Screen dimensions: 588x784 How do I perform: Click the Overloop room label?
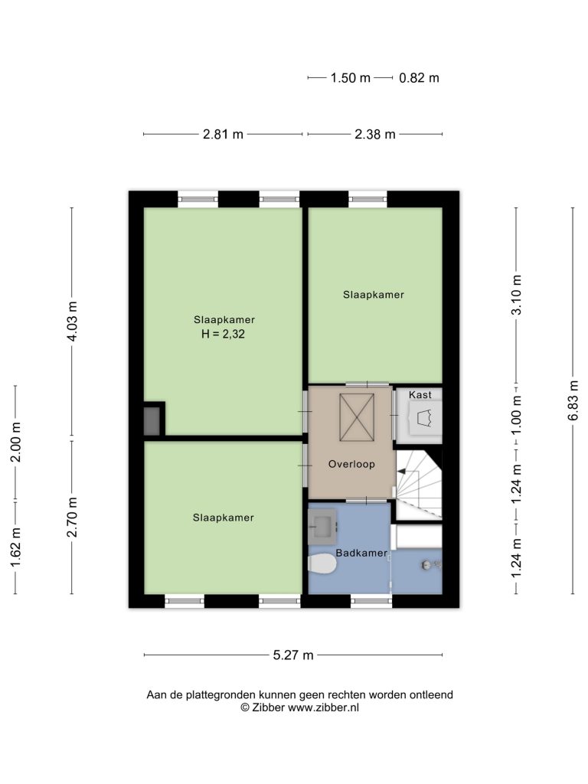pyautogui.click(x=351, y=464)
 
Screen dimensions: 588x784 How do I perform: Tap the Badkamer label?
pyautogui.click(x=361, y=553)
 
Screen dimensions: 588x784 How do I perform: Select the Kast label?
pyautogui.click(x=420, y=394)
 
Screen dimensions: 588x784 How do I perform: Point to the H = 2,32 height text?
pyautogui.click(x=223, y=334)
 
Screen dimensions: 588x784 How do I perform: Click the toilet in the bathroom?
pyautogui.click(x=322, y=564)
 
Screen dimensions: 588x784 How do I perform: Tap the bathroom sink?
pyautogui.click(x=322, y=527)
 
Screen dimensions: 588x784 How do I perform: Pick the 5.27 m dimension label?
pyautogui.click(x=293, y=655)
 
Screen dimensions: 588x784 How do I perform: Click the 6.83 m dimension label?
pyautogui.click(x=573, y=400)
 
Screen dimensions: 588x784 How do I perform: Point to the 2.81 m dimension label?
pyautogui.click(x=223, y=134)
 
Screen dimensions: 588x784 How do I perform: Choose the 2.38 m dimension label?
pyautogui.click(x=375, y=134)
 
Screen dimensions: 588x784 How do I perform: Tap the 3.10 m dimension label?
pyautogui.click(x=516, y=295)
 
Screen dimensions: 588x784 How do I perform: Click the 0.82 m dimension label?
pyautogui.click(x=419, y=78)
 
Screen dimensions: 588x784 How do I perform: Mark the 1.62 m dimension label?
pyautogui.click(x=15, y=548)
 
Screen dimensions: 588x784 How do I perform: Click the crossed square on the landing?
pyautogui.click(x=357, y=417)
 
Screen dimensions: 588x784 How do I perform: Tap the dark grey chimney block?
pyautogui.click(x=152, y=421)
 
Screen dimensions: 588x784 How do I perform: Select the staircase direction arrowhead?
pyautogui.click(x=400, y=471)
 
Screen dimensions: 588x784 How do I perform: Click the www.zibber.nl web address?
pyautogui.click(x=324, y=707)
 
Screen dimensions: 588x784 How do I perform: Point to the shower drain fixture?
pyautogui.click(x=427, y=564)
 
